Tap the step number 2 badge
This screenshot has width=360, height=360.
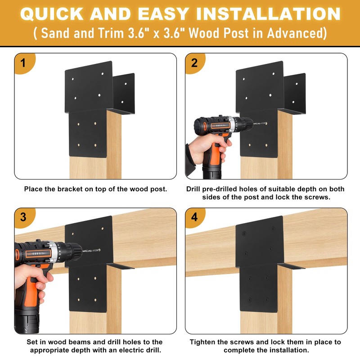coord(195,63)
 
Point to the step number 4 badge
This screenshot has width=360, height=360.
coord(195,217)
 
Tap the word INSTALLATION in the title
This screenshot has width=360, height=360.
coord(268,14)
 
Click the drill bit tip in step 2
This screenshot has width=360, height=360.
coord(266,123)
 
